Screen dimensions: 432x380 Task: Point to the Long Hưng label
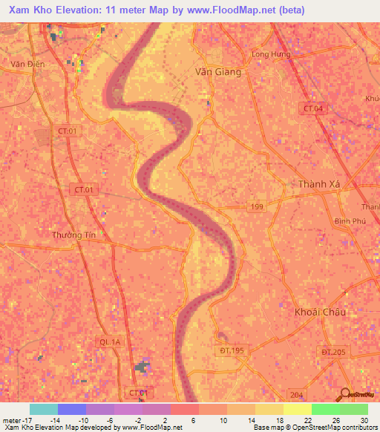[x=272, y=54]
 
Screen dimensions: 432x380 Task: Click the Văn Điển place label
[x=27, y=64]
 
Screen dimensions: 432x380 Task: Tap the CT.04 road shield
[x=314, y=108]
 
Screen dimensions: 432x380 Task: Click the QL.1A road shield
[x=110, y=341]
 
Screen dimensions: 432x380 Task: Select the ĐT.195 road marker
[x=232, y=350]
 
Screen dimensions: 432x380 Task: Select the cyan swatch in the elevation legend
[x=43, y=409]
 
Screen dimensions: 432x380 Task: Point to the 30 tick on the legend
[x=363, y=420]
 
